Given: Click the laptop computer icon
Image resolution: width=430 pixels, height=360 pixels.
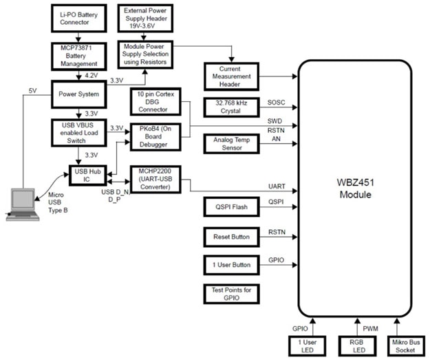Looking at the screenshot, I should coord(22,204).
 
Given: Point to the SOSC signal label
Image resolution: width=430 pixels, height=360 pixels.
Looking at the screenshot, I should coord(277,103).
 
